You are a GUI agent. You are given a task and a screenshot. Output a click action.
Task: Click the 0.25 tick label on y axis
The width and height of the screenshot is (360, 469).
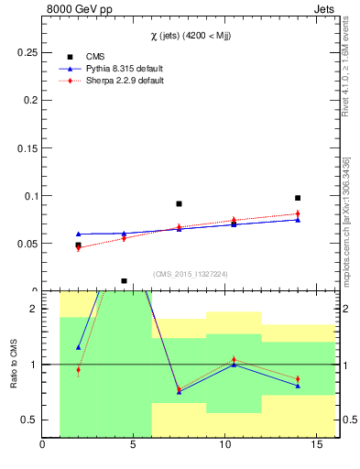[x=26, y=53]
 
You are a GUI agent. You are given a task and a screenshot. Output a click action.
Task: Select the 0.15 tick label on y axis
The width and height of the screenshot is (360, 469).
[x=26, y=148]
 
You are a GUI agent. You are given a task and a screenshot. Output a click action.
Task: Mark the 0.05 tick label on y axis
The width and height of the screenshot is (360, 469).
[x=26, y=244]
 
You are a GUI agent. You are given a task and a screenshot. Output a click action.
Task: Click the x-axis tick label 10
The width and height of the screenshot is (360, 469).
[x=224, y=446]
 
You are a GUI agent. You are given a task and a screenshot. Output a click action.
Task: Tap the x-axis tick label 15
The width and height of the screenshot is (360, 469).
[x=316, y=446]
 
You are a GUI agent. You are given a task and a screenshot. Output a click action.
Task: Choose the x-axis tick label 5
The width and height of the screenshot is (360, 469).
[x=134, y=446]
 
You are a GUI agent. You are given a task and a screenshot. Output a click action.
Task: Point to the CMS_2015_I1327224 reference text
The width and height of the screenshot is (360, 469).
[x=190, y=273]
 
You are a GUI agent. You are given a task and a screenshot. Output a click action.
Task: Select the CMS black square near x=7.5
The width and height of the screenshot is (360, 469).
[x=179, y=203]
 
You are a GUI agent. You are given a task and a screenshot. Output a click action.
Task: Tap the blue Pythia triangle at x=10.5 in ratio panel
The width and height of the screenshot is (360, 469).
[x=234, y=365]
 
